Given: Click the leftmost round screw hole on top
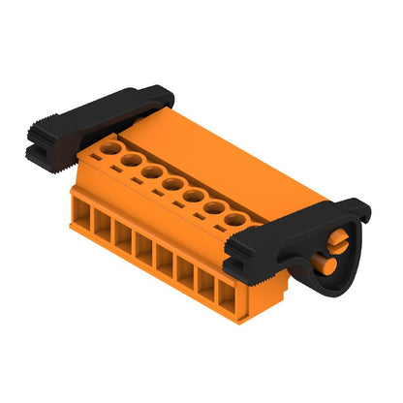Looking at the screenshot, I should click(x=111, y=148).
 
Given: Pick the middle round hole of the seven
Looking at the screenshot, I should click(x=172, y=184).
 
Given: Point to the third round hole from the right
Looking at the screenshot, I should click(x=193, y=197).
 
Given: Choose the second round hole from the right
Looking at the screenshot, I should click(x=214, y=208).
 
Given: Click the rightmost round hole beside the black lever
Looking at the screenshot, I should click(x=235, y=221).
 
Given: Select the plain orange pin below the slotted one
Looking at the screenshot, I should click(x=328, y=262).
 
